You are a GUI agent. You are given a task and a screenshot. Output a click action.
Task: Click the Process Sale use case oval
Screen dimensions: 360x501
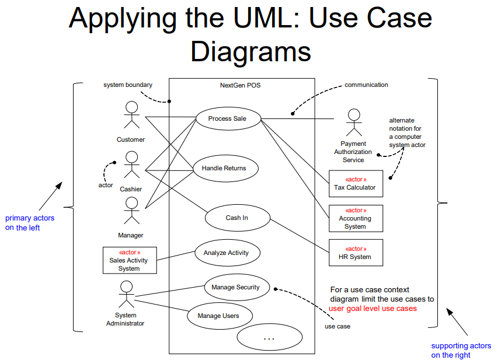tap(228, 118)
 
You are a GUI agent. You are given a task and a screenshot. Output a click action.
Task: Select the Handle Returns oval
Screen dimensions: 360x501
tap(224, 168)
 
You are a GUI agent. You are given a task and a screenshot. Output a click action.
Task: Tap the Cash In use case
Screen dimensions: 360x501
tap(238, 218)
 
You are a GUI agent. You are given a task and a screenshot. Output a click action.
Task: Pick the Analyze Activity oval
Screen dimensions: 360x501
tap(227, 253)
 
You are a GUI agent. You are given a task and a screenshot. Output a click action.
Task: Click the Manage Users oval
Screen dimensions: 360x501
tap(218, 316)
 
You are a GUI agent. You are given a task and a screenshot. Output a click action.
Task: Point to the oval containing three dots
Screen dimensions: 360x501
tap(269, 338)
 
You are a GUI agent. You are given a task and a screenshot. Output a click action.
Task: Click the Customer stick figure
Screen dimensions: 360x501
tap(131, 115)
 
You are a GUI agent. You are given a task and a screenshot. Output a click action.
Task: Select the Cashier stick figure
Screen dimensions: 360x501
tap(132, 165)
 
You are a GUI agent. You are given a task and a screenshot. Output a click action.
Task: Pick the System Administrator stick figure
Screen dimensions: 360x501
tap(126, 294)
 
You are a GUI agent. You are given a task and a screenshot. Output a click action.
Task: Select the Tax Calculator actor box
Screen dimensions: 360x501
tap(356, 184)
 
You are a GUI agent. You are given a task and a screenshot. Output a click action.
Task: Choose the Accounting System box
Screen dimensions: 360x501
tap(356, 218)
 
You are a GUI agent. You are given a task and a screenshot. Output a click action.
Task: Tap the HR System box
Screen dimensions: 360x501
tap(356, 253)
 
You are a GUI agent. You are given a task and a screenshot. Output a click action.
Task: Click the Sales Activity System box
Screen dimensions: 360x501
tap(129, 261)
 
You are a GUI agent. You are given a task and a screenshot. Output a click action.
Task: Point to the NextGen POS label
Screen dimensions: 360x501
tap(241, 85)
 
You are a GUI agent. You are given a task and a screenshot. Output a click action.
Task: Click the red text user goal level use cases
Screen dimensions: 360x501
tap(373, 309)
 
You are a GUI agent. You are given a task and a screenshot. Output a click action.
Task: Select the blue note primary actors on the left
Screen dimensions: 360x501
tap(30, 223)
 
